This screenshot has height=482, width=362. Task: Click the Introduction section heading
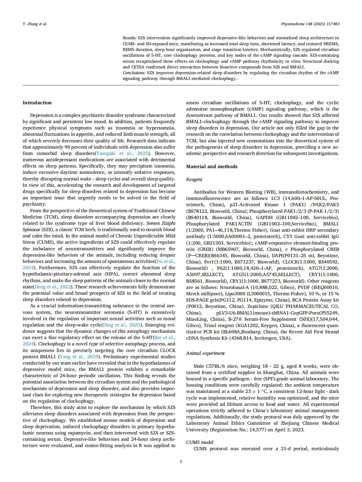click(x=37, y=103)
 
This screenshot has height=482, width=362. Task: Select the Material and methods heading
click(x=212, y=167)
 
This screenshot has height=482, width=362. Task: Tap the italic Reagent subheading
click(x=194, y=180)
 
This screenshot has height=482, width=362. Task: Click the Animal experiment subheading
click(x=205, y=353)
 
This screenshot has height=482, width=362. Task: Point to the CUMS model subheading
click(x=200, y=442)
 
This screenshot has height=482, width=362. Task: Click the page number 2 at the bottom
click(x=181, y=461)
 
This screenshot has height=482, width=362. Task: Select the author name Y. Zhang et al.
click(x=35, y=24)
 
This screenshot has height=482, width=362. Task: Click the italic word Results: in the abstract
click(x=130, y=38)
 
